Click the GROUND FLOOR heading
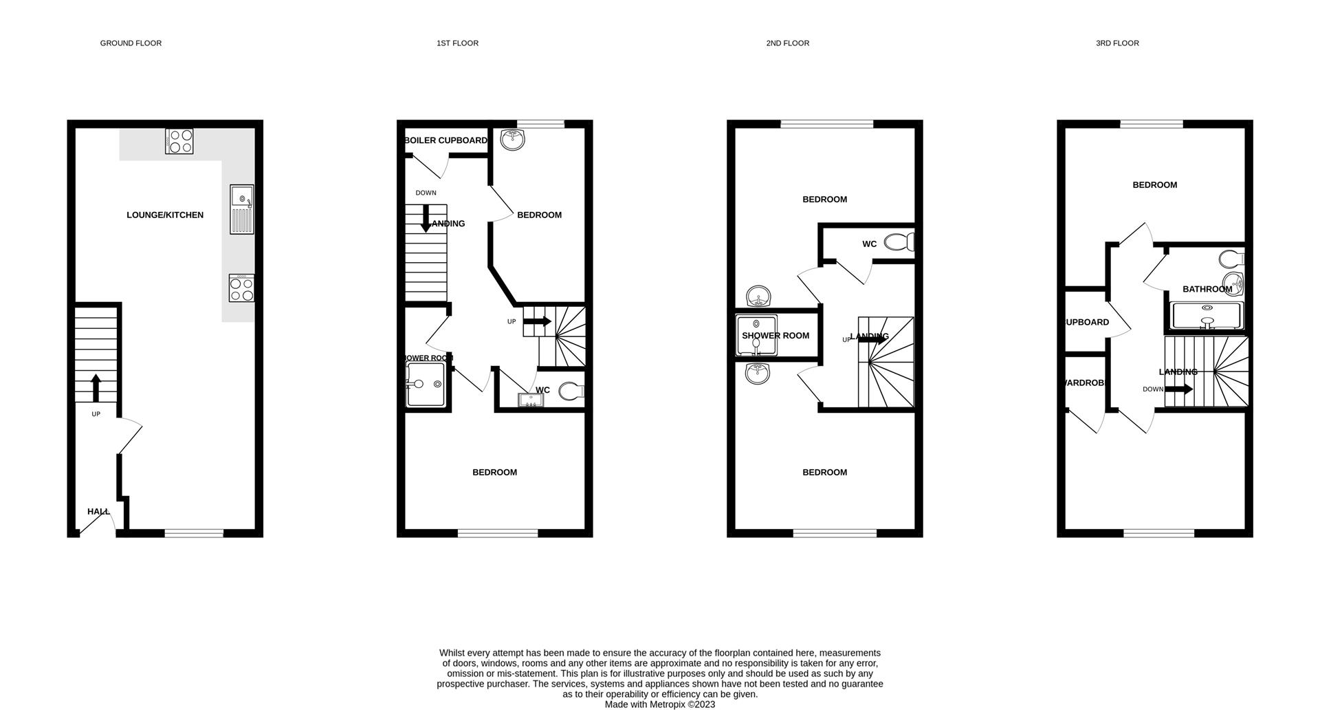pyautogui.click(x=131, y=43)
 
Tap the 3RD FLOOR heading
pyautogui.click(x=1117, y=43)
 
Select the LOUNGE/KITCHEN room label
pyautogui.click(x=165, y=215)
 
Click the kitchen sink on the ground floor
pyautogui.click(x=242, y=209)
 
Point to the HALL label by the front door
pyautogui.click(x=98, y=512)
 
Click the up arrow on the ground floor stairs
pyautogui.click(x=96, y=388)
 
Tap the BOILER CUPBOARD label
pyautogui.click(x=445, y=140)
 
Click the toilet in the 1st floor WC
pyautogui.click(x=571, y=391)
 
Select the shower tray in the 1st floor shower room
pyautogui.click(x=426, y=384)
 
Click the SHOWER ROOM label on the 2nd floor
pyautogui.click(x=775, y=336)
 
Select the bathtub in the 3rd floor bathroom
pyautogui.click(x=1207, y=316)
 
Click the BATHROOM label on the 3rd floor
pyautogui.click(x=1207, y=289)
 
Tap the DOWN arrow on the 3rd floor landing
pyautogui.click(x=1179, y=389)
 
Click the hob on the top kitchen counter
pyautogui.click(x=179, y=141)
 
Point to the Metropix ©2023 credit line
pyautogui.click(x=660, y=704)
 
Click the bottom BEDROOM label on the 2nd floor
pyautogui.click(x=824, y=473)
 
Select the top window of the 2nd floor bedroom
pyautogui.click(x=827, y=125)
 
